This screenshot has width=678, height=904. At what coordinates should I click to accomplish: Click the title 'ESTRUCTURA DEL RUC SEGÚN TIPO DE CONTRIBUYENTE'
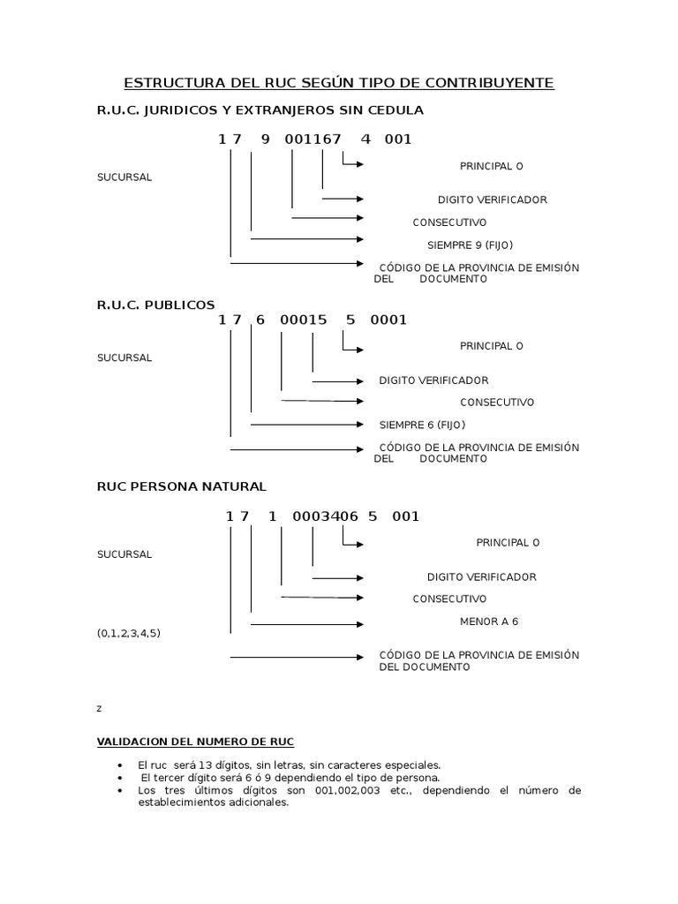point(339,83)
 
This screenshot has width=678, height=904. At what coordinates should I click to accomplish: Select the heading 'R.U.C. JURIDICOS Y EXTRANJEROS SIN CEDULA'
point(260,110)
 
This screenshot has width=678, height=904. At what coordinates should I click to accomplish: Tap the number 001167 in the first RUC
point(313,139)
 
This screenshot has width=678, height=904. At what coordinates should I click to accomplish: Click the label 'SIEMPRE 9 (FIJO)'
point(470,245)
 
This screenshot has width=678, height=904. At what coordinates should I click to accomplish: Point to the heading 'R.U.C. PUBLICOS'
point(155,305)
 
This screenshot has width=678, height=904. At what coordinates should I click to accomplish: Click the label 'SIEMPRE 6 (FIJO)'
point(422,425)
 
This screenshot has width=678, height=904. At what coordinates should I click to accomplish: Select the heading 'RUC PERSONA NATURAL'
point(181,486)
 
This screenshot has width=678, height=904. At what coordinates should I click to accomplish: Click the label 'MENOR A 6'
point(489,621)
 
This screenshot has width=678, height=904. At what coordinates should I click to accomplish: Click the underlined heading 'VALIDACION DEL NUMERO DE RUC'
point(195,742)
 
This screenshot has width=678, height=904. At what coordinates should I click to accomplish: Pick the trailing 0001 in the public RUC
point(388,320)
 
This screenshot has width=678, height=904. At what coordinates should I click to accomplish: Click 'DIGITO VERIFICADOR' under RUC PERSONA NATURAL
point(481,576)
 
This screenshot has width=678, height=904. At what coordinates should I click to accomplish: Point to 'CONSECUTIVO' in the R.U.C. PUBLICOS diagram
point(497,402)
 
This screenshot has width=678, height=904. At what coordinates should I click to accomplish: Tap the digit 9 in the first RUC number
point(265,139)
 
